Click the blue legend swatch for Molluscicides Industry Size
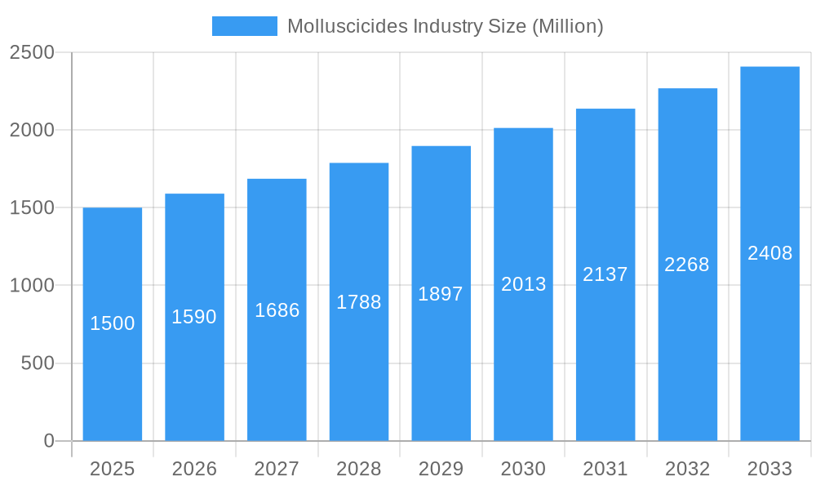click(244, 26)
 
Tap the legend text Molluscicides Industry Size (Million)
click(445, 26)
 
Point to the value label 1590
click(194, 317)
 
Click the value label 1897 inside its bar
click(441, 294)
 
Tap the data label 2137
click(605, 274)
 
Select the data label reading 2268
click(687, 265)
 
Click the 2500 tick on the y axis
click(32, 52)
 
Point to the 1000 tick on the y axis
click(32, 285)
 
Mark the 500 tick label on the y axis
click(38, 363)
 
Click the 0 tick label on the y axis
click(49, 441)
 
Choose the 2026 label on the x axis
click(194, 469)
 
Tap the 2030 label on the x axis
click(523, 469)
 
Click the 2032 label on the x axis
click(687, 469)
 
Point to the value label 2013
click(523, 284)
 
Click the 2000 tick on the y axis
click(32, 130)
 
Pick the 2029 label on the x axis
click(441, 469)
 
